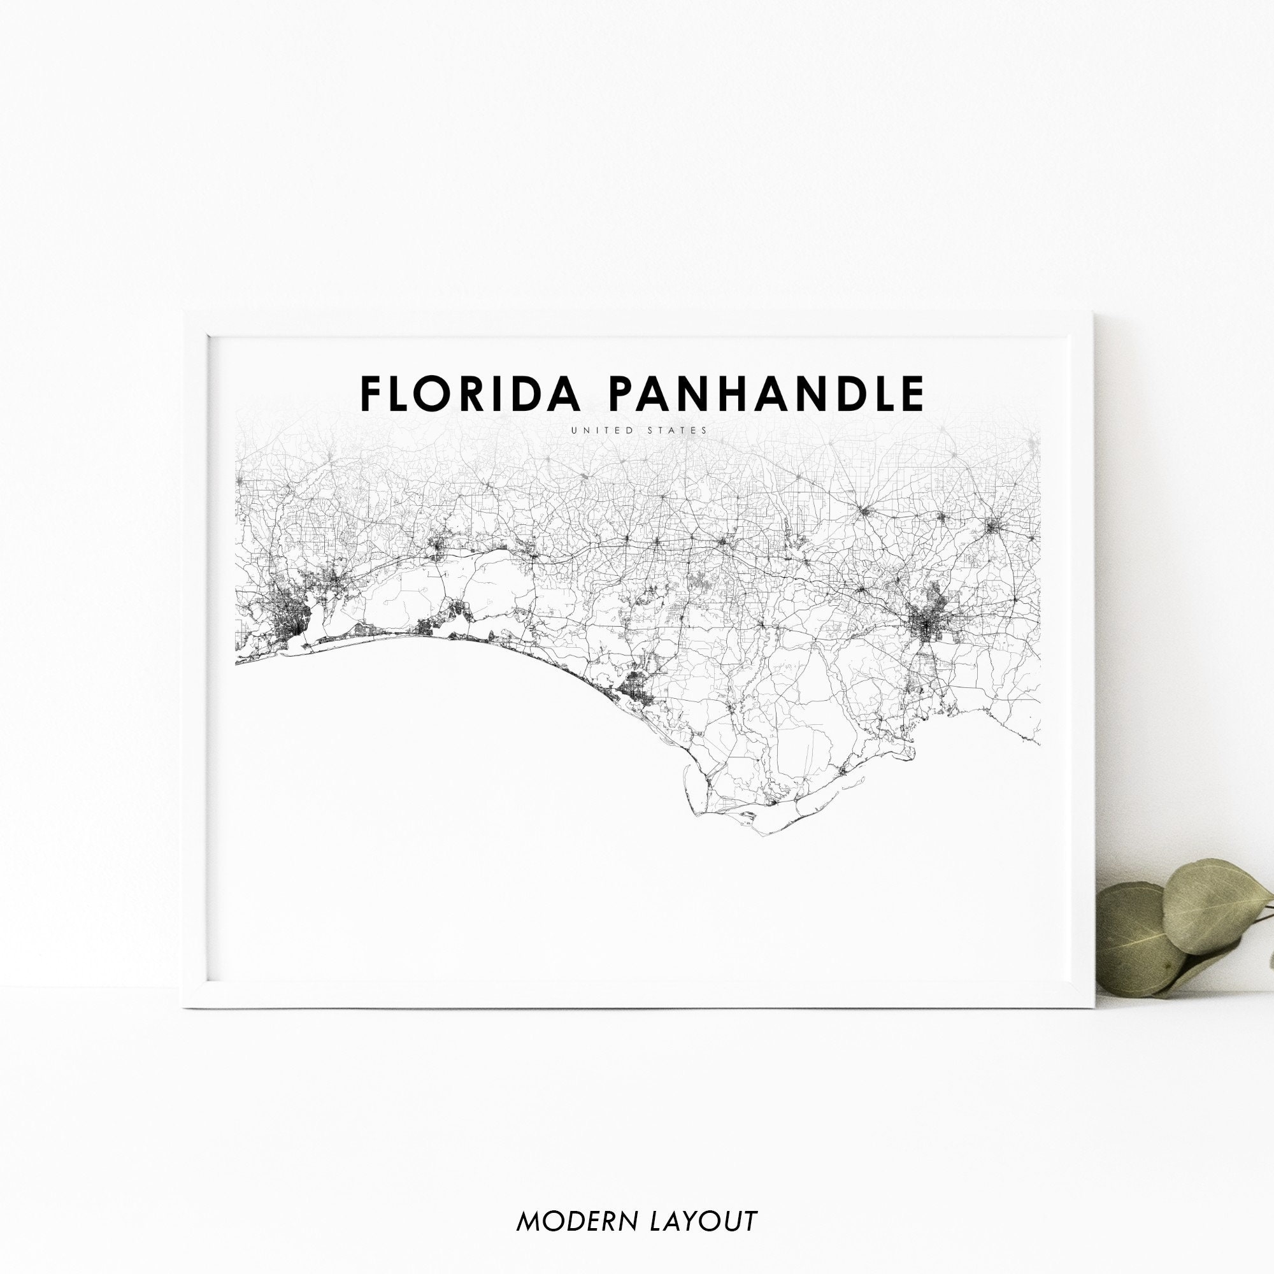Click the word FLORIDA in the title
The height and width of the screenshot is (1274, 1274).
pyautogui.click(x=470, y=394)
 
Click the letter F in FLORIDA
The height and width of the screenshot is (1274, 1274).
pyautogui.click(x=371, y=394)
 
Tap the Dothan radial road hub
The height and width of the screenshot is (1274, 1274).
pyautogui.click(x=864, y=511)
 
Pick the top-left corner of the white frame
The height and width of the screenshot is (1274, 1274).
pyautogui.click(x=184, y=313)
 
